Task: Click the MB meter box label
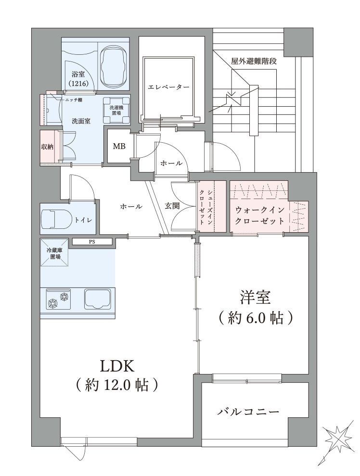pyautogui.click(x=119, y=146)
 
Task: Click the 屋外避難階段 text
pyautogui.click(x=254, y=62)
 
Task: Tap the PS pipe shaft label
pyautogui.click(x=91, y=242)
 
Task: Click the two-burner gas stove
pyautogui.click(x=58, y=299)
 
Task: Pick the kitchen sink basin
pyautogui.click(x=97, y=299)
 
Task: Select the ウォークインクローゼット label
pyautogui.click(x=260, y=215)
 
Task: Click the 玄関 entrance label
pyautogui.click(x=172, y=206)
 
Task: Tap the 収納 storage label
pyautogui.click(x=47, y=147)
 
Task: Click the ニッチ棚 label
pyautogui.click(x=73, y=100)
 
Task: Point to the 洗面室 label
pyautogui.click(x=81, y=121)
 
